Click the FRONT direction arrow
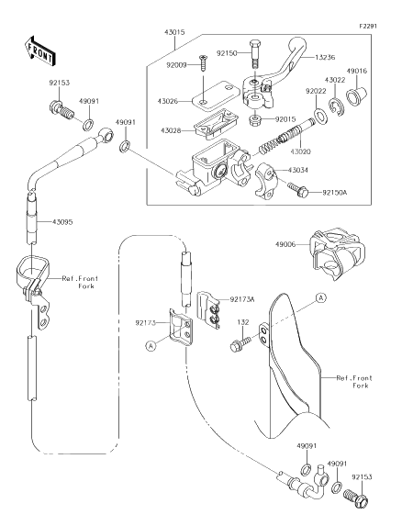(39, 50)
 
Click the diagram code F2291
(368, 27)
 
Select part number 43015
(174, 32)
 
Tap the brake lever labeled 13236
(275, 75)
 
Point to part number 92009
(176, 65)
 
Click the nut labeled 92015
(255, 119)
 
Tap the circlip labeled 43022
(336, 106)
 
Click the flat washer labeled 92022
(320, 116)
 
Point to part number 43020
(301, 151)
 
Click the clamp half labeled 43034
(267, 180)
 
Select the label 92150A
(335, 193)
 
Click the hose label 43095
(62, 222)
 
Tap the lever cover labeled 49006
(336, 253)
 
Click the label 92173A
(242, 299)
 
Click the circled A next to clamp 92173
(151, 346)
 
